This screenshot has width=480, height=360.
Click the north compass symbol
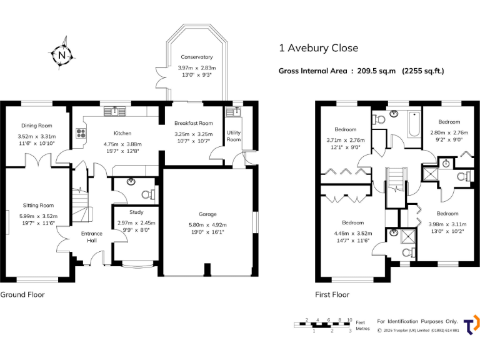click(61, 55)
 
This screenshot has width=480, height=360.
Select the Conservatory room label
click(196, 57)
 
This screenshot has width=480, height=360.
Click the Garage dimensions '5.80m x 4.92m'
click(207, 225)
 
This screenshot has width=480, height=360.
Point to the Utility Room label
click(234, 136)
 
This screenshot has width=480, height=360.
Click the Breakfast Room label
click(193, 123)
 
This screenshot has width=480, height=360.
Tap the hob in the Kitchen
click(81, 133)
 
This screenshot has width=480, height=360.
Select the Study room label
click(136, 212)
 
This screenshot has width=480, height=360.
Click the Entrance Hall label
click(92, 237)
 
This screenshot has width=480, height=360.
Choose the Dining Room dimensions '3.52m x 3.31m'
click(36, 136)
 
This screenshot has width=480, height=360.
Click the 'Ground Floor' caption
click(22, 294)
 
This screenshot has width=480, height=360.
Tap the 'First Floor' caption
click(332, 294)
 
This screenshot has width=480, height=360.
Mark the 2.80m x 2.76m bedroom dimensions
click(449, 132)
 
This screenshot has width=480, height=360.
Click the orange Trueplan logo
click(472, 324)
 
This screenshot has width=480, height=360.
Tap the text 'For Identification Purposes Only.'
click(417, 321)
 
